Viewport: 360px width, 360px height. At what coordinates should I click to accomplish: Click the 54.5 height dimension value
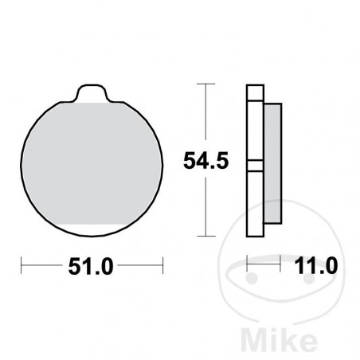coord(206,160)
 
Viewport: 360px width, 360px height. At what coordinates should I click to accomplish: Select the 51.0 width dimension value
coord(91,266)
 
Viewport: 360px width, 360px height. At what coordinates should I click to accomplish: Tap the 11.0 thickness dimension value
coord(316,266)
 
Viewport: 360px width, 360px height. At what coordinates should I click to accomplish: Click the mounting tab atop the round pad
coord(92,93)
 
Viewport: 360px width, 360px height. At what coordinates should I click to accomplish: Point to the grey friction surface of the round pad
coord(92,164)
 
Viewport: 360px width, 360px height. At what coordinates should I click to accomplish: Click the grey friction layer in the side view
coord(272,163)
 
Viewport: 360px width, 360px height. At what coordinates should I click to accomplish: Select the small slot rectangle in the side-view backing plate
coord(255,166)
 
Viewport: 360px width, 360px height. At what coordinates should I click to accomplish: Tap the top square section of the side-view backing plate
coord(255,92)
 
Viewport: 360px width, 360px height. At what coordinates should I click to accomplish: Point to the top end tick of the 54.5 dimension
coord(206,84)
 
